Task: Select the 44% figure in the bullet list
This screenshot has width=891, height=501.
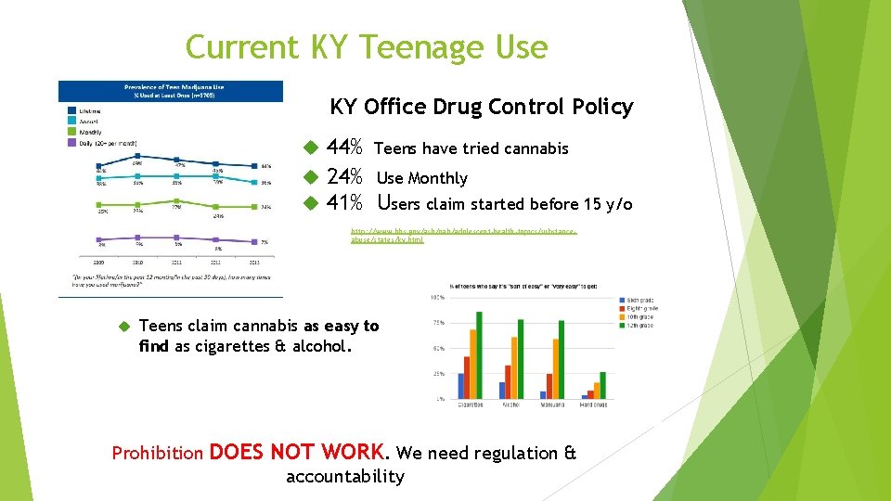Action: tap(345, 148)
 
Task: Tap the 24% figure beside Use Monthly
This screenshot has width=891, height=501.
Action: tap(345, 177)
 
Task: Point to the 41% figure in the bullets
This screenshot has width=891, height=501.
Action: tap(345, 203)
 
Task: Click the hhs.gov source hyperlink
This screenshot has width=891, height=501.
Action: tap(463, 234)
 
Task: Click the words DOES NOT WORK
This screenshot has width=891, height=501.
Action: tap(296, 452)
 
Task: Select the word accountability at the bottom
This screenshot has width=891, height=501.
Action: tap(345, 477)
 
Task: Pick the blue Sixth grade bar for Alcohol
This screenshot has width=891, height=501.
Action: tap(502, 391)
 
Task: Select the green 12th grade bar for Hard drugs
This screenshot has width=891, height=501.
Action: tap(602, 385)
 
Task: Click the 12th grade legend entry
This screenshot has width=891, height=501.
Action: tap(639, 327)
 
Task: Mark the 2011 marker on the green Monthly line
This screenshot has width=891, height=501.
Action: tap(176, 205)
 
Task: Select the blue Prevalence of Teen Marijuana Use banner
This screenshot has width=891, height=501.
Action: tap(171, 91)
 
